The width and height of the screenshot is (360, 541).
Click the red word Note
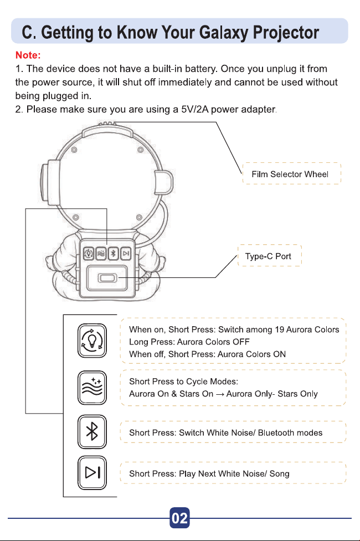point(28,55)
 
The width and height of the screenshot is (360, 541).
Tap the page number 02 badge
point(179,518)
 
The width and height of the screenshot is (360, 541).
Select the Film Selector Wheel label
point(290,174)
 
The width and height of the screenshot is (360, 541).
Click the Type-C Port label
point(268,256)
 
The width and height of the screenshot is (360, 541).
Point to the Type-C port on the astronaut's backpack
point(107,278)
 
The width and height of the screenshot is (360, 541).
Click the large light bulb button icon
point(92,341)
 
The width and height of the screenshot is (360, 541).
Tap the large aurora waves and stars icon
point(92,388)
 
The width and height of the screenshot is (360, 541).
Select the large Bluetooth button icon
point(92,431)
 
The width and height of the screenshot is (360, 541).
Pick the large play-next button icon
point(92,473)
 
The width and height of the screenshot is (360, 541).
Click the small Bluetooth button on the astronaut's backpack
point(114,254)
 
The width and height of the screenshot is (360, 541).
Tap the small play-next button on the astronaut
point(126,254)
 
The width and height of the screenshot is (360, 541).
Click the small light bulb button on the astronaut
point(89,254)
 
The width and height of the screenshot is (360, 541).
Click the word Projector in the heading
point(286,33)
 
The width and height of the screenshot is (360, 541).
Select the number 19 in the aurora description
point(279,329)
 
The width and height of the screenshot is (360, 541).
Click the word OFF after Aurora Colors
point(241,342)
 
